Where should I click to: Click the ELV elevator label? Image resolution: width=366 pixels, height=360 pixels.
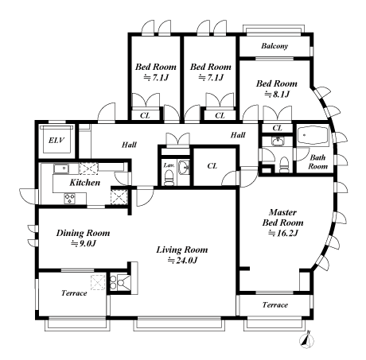point(56,140)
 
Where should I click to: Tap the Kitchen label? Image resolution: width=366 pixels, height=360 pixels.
point(85,183)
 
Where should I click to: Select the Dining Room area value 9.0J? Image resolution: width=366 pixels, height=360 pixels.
point(83,243)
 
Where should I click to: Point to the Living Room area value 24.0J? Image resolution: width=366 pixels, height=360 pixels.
point(182,261)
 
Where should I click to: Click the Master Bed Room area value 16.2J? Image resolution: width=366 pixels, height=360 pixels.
point(283,233)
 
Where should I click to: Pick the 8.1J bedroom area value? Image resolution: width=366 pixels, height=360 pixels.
point(277,95)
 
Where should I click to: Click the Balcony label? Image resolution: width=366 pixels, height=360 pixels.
point(274,46)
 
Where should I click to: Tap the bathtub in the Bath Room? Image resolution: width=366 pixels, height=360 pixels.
point(313,135)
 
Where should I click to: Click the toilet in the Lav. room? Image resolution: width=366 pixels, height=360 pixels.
point(168,177)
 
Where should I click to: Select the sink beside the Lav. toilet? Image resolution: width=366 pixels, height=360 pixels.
point(184,168)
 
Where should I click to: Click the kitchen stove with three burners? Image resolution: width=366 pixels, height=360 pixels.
point(70,198)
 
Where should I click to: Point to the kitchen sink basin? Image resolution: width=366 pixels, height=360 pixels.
point(61,168)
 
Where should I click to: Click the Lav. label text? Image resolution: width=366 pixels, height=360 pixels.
point(169,165)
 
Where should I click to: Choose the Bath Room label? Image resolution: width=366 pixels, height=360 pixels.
point(317,162)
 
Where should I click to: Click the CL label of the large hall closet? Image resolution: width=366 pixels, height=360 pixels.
point(212,166)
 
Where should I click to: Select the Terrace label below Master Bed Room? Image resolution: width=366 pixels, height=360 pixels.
point(275,305)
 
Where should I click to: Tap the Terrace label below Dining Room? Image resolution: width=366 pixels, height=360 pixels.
point(74,293)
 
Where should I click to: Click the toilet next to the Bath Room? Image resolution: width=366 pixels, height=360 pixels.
point(284,165)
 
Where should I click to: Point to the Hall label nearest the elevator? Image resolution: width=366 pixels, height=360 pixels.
point(130,145)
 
